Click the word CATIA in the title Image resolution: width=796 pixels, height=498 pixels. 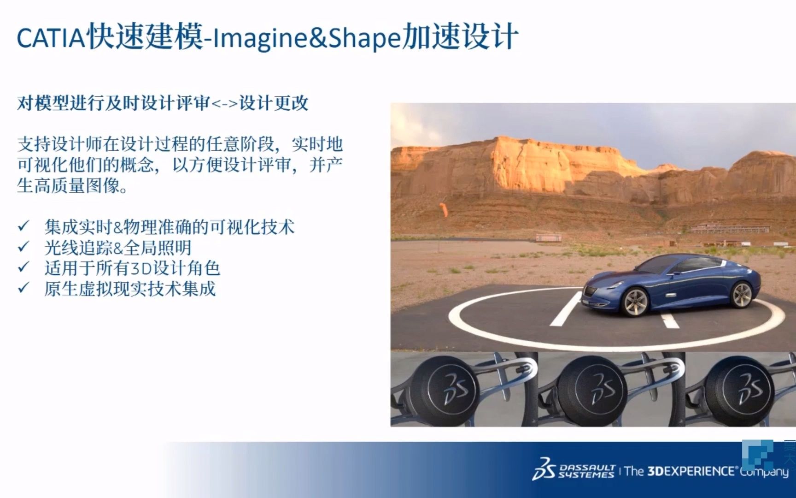click(50, 38)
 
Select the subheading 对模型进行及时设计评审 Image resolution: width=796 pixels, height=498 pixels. click(113, 103)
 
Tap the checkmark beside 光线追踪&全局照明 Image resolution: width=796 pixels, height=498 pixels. click(23, 247)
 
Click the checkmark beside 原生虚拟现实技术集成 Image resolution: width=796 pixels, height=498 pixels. click(23, 288)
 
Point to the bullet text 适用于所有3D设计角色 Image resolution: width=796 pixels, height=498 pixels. click(132, 268)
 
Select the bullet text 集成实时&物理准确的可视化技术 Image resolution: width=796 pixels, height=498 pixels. click(170, 227)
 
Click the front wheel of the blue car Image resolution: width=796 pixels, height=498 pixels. click(635, 301)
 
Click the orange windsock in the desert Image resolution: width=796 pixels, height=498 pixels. click(444, 209)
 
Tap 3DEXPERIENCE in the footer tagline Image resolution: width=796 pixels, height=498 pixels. click(691, 471)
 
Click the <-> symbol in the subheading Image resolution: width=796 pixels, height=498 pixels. click(225, 104)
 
